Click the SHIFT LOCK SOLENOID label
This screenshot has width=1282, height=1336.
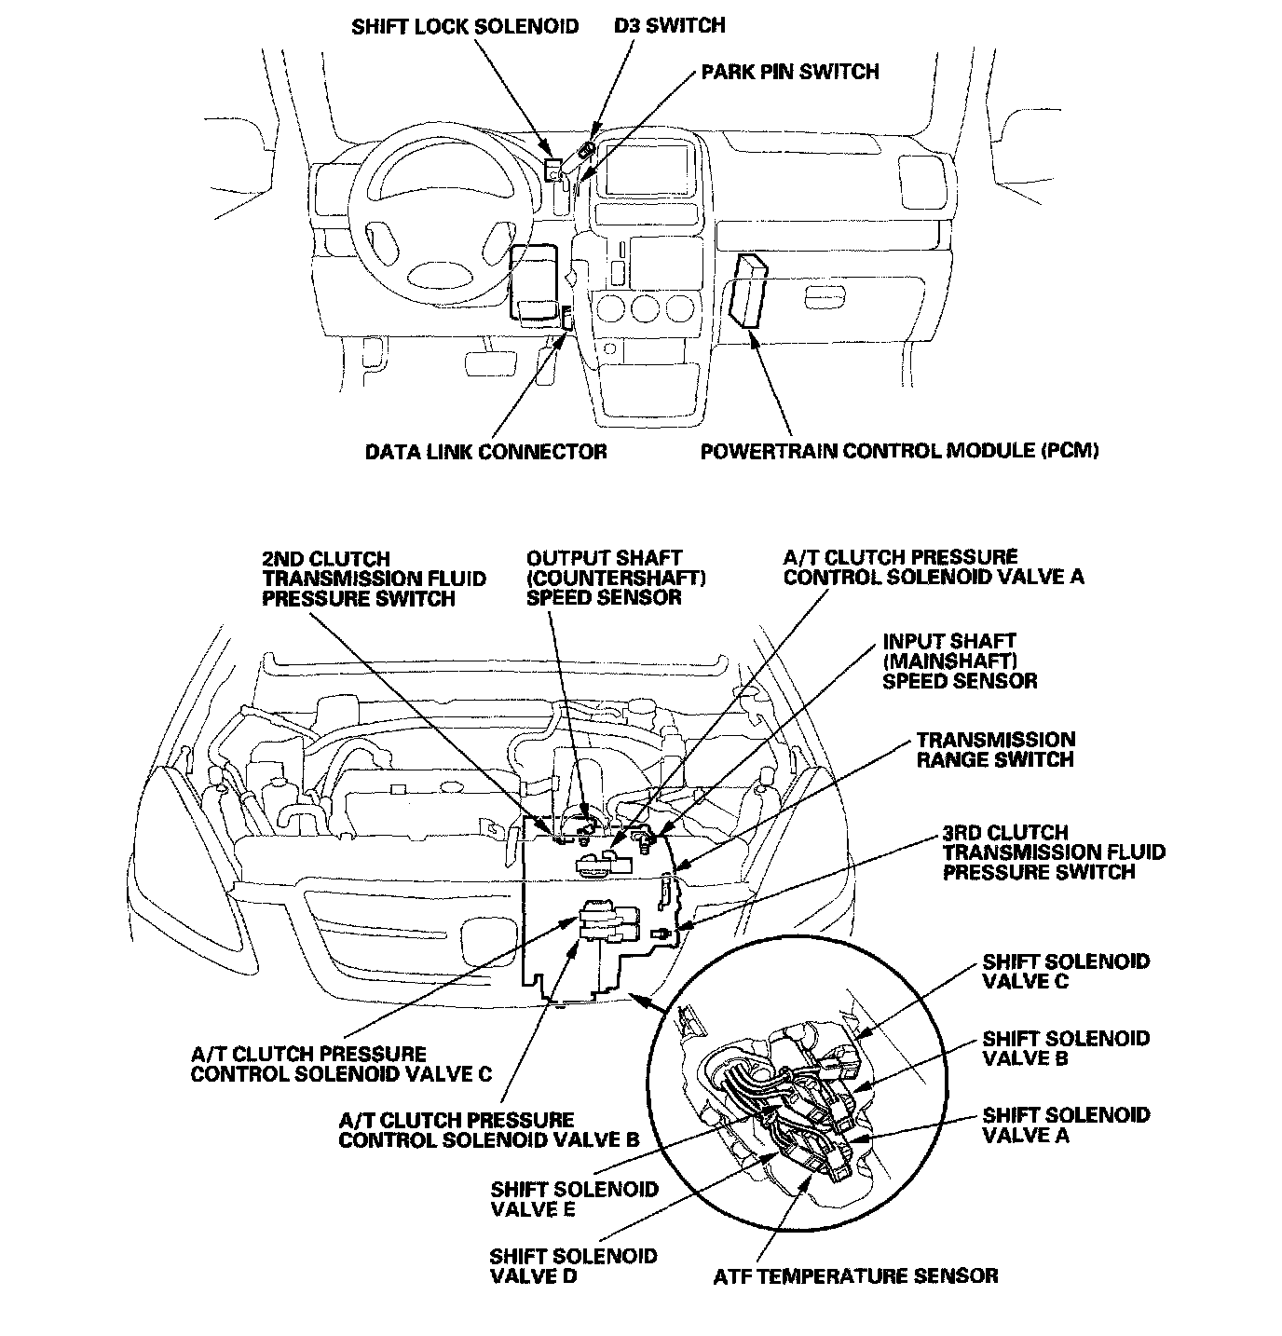465,26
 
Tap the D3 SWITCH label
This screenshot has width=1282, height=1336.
669,25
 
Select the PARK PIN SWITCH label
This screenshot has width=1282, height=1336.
789,72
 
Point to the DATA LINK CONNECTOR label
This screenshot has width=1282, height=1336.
485,452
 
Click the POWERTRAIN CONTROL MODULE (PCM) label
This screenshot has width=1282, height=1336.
899,452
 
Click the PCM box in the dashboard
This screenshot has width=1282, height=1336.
751,291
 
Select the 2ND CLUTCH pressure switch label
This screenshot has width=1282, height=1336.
374,579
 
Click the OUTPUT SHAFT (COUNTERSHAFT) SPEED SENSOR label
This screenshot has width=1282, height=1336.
616,578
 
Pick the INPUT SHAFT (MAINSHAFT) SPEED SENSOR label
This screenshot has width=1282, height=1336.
960,661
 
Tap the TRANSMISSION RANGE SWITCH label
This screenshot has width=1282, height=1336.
995,750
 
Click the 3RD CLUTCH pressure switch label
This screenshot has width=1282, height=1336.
1053,852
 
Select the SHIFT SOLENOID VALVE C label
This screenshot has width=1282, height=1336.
1066,971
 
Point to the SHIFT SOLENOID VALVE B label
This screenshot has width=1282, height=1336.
1066,1048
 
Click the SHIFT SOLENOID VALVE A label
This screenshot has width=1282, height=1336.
1066,1125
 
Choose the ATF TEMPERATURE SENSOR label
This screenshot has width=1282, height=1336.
855,1276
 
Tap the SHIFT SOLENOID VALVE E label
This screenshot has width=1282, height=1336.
574,1199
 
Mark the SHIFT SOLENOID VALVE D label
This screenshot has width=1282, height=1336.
573,1266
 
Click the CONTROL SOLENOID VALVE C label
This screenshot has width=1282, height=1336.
341,1064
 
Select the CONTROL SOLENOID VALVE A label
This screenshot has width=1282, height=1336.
934,567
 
